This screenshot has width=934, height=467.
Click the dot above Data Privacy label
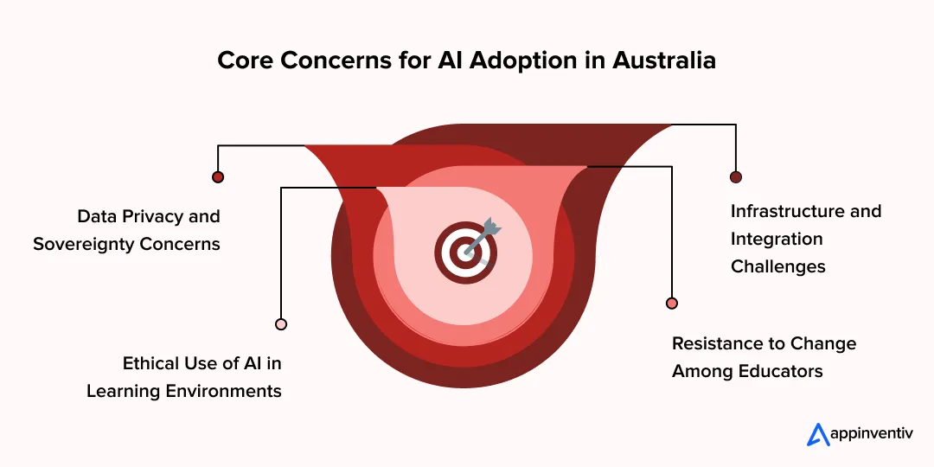tap(218, 176)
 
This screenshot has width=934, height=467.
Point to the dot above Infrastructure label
tap(736, 176)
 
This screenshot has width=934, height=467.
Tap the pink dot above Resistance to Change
tap(672, 303)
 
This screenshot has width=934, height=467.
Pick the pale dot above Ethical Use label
tap(281, 324)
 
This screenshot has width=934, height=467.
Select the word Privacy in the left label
tap(150, 216)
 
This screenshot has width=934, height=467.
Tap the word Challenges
tap(778, 266)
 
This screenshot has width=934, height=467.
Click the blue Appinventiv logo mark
tap(817, 434)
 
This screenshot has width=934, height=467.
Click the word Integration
tap(777, 239)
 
